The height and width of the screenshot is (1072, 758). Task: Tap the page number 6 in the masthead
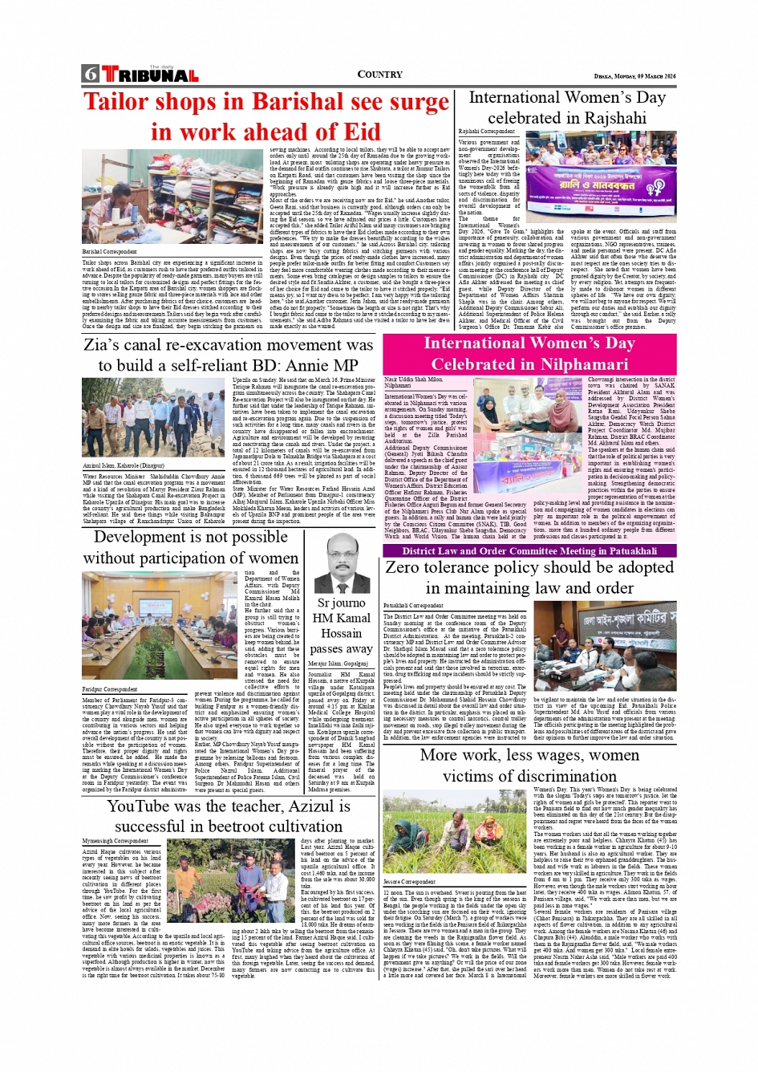(x=89, y=75)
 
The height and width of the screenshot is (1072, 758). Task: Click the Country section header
(x=379, y=75)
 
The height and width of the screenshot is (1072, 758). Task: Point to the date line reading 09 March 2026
(x=648, y=76)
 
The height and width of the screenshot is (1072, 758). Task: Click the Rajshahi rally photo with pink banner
(x=601, y=177)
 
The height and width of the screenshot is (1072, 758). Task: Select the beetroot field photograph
(x=231, y=880)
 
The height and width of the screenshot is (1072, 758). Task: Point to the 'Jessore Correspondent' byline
(x=410, y=882)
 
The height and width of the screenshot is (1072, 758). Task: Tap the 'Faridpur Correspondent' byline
(x=110, y=688)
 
